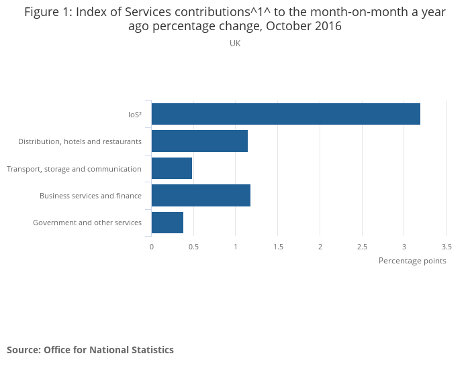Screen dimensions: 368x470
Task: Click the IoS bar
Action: (x=285, y=114)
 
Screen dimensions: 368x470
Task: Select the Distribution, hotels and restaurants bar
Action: (x=199, y=141)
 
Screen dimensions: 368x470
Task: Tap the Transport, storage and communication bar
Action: (x=172, y=168)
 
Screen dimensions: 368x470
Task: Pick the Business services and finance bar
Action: (x=201, y=195)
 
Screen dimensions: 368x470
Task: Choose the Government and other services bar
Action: (x=167, y=223)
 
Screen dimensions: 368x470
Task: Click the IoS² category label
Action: (x=134, y=115)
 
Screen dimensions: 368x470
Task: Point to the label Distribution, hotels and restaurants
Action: (x=80, y=141)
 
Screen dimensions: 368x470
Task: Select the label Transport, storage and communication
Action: (x=74, y=169)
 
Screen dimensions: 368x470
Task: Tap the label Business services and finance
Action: (x=91, y=196)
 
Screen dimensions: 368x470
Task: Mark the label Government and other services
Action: (x=87, y=223)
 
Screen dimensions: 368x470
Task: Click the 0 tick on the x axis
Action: (x=152, y=247)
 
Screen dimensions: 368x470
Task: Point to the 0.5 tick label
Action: (x=193, y=247)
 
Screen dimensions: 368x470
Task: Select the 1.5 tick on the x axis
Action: (x=278, y=247)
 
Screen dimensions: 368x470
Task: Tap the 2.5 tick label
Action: (x=362, y=247)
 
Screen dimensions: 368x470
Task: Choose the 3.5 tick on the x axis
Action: (x=446, y=247)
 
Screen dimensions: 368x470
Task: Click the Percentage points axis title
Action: (x=412, y=261)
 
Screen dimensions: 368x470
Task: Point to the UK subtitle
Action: (x=235, y=44)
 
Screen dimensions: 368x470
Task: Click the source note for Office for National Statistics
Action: (x=90, y=350)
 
